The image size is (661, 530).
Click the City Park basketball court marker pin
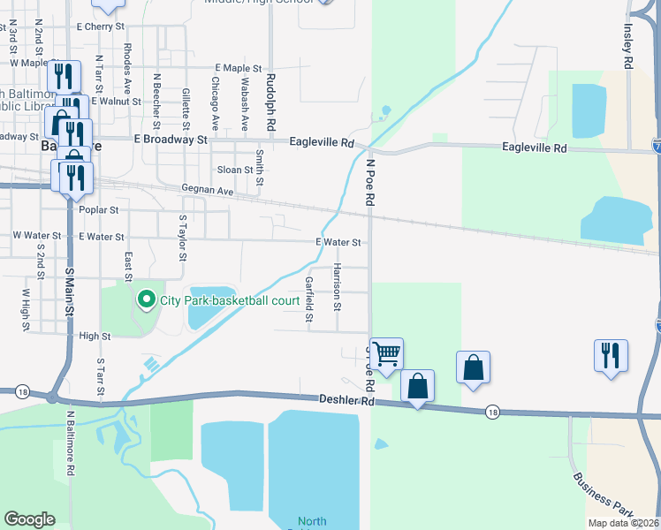tap(147, 300)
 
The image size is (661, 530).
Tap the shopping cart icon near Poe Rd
tap(386, 353)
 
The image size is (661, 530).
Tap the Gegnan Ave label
tap(207, 190)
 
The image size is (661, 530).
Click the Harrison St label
tap(337, 287)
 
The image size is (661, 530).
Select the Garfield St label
tap(308, 299)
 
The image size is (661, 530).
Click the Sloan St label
tap(235, 170)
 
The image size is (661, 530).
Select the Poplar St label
tap(99, 210)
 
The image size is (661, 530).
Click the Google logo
tap(30, 519)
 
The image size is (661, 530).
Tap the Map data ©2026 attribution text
tap(624, 523)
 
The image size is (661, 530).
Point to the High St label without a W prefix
tap(95, 337)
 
